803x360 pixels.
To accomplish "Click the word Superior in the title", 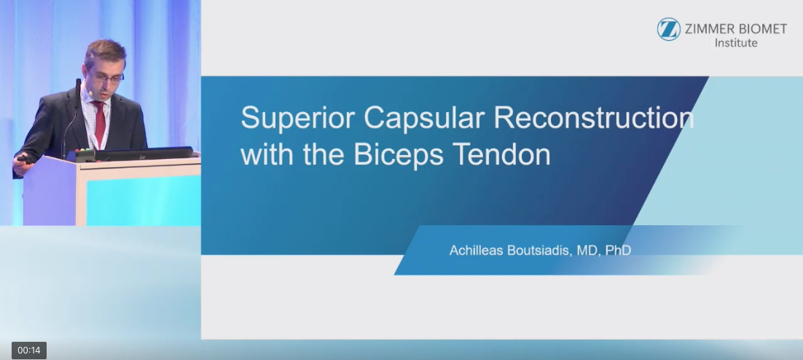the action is (x=297, y=118).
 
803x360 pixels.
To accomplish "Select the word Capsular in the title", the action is (x=423, y=118).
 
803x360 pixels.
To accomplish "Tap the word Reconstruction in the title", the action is (x=594, y=118).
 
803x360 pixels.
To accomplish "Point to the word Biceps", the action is (x=399, y=155).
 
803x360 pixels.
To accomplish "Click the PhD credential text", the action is (x=618, y=251).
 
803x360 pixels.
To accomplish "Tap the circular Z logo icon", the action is (x=669, y=29).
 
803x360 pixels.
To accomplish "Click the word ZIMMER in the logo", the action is (x=710, y=29).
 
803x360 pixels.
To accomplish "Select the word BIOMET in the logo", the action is (x=762, y=29).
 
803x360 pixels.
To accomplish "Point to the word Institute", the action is (x=736, y=43).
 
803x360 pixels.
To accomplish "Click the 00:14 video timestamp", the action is (x=29, y=351).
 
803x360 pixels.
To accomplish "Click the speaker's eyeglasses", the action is (x=106, y=77).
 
